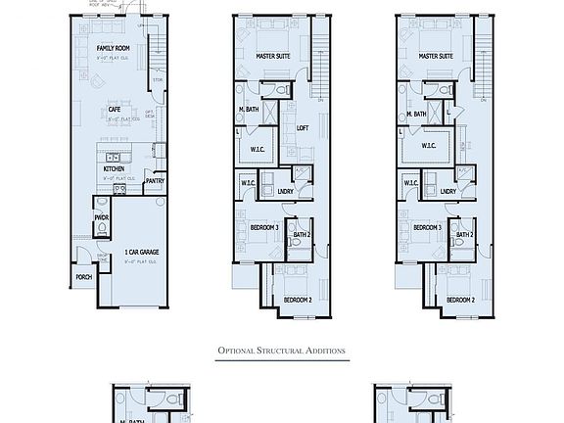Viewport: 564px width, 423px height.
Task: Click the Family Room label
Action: [114, 47]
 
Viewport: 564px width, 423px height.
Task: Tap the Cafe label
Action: [115, 109]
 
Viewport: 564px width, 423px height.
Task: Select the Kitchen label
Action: [114, 168]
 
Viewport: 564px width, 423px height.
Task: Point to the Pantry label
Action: [154, 181]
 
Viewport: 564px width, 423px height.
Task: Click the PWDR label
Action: [101, 216]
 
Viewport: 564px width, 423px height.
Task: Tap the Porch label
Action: [83, 276]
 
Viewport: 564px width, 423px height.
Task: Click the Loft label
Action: [303, 126]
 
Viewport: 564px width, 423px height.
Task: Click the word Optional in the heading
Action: [242, 351]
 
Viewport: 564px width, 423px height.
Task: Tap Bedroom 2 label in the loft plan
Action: [297, 299]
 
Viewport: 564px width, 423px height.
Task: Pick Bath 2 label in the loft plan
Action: [302, 234]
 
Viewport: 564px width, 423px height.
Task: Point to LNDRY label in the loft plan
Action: [285, 191]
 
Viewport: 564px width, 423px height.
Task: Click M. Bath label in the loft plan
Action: [248, 114]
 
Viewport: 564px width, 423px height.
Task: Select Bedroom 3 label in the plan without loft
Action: [427, 227]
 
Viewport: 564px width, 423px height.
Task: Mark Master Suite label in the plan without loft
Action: [436, 57]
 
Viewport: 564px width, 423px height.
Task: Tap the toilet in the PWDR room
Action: [102, 231]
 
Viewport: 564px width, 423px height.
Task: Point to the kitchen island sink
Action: [113, 157]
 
